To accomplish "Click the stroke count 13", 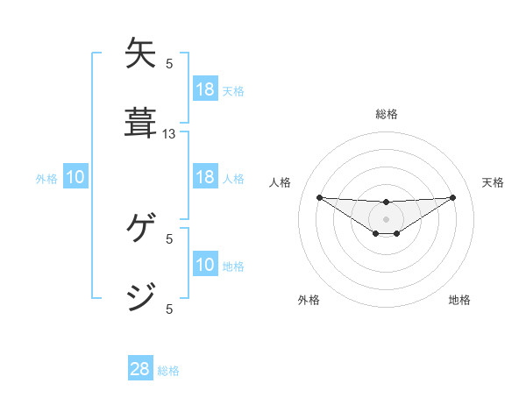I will tap(169, 134).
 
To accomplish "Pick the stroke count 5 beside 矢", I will tap(169, 63).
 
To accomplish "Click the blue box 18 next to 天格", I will tap(204, 89).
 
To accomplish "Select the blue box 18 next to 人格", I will tap(204, 177).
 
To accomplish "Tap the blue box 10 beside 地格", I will tap(204, 265).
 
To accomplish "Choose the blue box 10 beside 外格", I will tap(75, 177).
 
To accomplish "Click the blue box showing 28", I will tap(140, 369).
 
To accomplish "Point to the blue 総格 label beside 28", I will tap(168, 371).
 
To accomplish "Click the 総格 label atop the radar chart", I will tap(387, 114).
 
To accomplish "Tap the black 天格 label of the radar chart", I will tap(494, 182).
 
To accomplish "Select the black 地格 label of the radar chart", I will tap(459, 300).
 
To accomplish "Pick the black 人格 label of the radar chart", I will tap(280, 182).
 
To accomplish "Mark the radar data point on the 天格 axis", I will tap(452, 197).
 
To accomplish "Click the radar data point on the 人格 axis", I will tap(319, 197).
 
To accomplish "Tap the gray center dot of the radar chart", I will tap(386, 218).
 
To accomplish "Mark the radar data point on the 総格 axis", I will tap(386, 202).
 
